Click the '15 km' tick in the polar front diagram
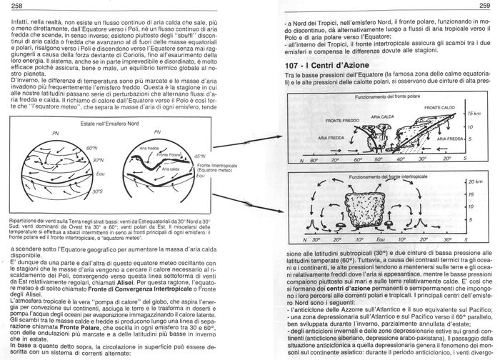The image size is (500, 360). (x=473, y=114)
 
